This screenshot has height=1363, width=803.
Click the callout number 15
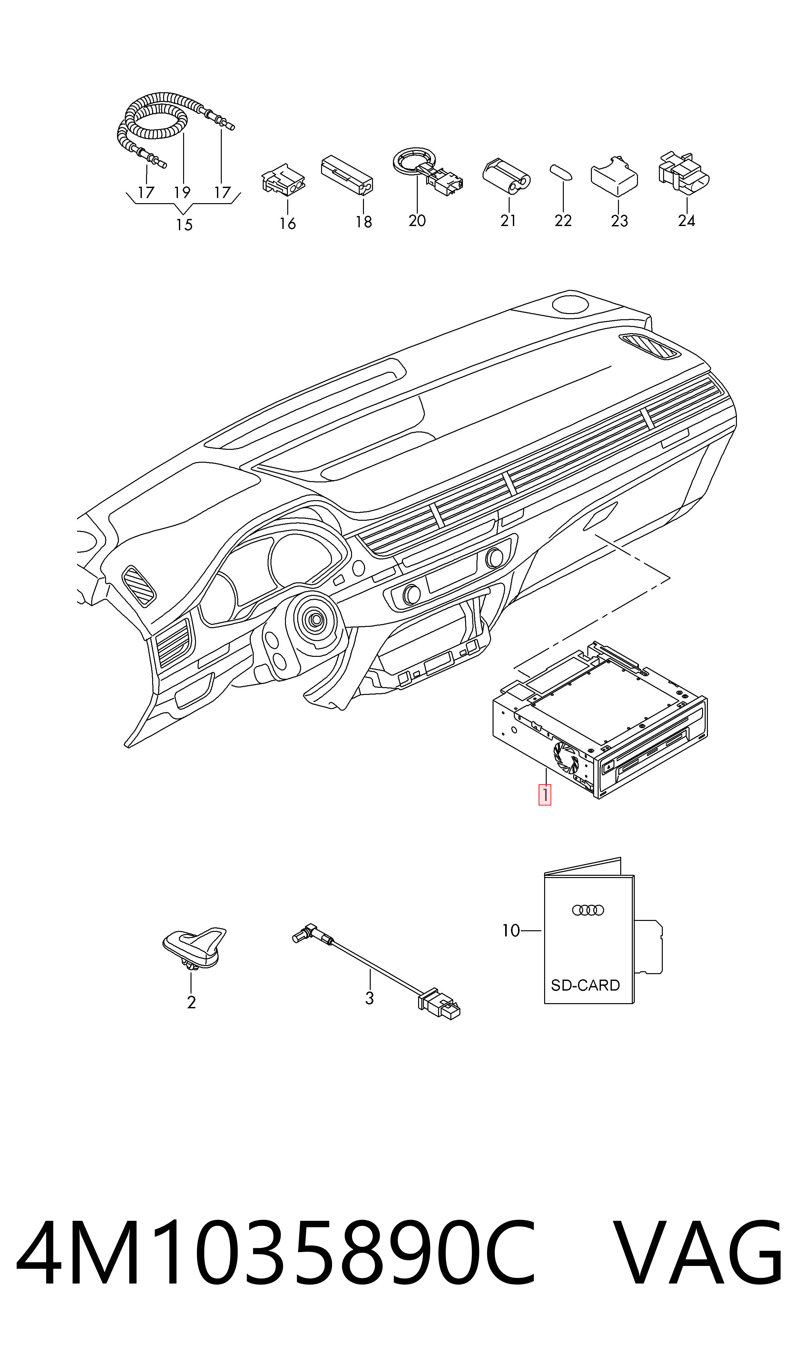(184, 224)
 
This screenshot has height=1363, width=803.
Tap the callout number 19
(182, 192)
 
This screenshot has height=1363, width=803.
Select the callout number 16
(287, 223)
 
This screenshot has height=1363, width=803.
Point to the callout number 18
(364, 222)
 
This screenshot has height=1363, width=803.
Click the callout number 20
(417, 221)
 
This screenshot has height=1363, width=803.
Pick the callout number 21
(508, 221)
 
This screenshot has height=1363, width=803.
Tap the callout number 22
(563, 221)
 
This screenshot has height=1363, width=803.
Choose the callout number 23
(620, 221)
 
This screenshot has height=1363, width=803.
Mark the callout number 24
(687, 221)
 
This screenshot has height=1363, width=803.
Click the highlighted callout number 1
(545, 795)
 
